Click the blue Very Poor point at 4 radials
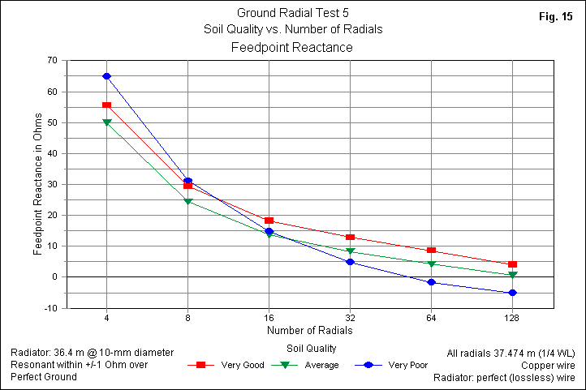[x=106, y=76]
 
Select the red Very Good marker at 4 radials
[x=106, y=105]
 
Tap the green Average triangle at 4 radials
[x=106, y=122]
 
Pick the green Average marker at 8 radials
[x=187, y=201]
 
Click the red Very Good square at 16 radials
[x=269, y=221]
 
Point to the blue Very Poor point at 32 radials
[x=350, y=262]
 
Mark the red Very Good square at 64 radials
[x=431, y=251]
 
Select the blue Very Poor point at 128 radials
[x=512, y=293]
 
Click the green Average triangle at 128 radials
[x=512, y=275]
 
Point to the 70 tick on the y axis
[x=52, y=61]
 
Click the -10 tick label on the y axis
[x=50, y=308]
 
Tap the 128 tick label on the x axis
[x=512, y=317]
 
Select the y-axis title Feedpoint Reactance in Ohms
[x=38, y=184]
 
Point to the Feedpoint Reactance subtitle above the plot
[x=292, y=48]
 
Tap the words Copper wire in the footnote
[x=549, y=365]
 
